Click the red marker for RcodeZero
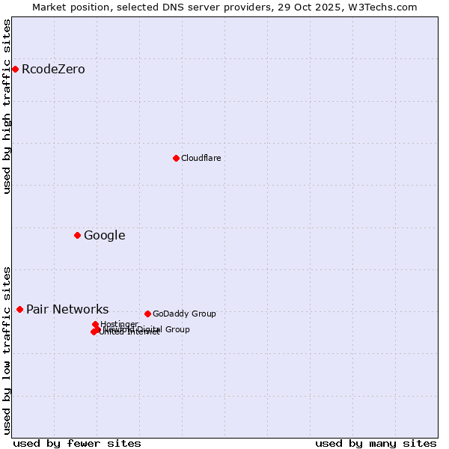coord(15,70)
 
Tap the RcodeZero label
coord(53,70)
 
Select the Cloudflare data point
coord(176,158)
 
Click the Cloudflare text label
coord(201,158)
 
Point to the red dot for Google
coord(77,236)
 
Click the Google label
coord(104,236)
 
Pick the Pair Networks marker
coord(19,309)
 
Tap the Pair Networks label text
coord(67,310)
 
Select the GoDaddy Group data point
coord(147,314)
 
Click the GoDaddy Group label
coord(184,314)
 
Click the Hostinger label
coord(119,324)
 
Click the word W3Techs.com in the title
coord(387,7)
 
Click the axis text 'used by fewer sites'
coord(77,443)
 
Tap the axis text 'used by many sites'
coord(376,443)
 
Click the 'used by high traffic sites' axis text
coord(7,106)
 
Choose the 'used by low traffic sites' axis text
coord(7,350)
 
